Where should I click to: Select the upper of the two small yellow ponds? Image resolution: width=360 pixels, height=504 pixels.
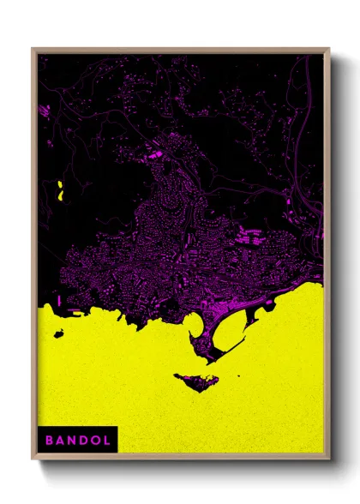pyautogui.click(x=60, y=184)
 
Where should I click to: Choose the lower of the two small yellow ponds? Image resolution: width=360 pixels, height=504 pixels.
pyautogui.click(x=61, y=196)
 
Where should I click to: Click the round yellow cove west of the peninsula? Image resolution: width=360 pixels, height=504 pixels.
pyautogui.click(x=193, y=325)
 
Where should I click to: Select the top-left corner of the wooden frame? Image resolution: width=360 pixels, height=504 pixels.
pyautogui.click(x=33, y=50)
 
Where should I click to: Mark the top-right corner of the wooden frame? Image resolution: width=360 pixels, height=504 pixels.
pyautogui.click(x=327, y=50)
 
